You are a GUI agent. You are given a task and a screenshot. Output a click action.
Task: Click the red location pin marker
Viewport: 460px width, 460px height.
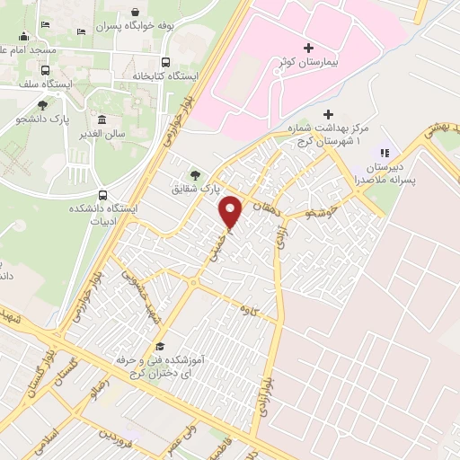[232, 211]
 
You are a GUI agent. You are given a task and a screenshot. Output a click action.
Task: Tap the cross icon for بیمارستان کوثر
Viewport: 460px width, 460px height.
[308, 47]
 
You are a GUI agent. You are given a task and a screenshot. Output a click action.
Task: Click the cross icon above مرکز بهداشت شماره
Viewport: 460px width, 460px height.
[328, 115]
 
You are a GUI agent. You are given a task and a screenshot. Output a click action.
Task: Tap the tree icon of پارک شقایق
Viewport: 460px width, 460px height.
[194, 175]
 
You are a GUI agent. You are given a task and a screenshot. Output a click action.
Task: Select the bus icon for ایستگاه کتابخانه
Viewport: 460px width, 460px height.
[165, 62]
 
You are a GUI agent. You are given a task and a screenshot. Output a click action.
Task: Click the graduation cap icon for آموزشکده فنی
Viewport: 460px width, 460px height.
[160, 347]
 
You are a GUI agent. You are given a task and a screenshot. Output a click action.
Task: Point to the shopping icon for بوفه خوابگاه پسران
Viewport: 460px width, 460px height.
[134, 13]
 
